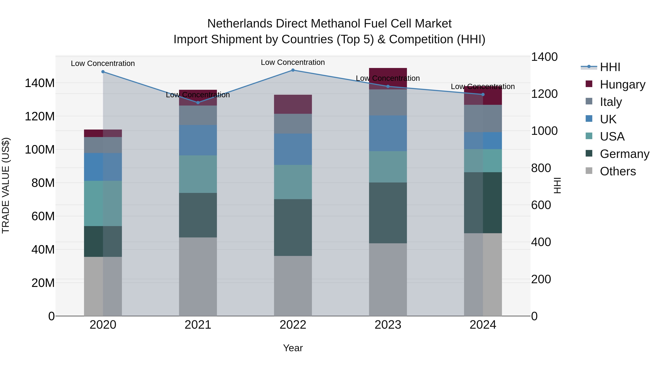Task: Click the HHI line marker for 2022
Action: (293, 70)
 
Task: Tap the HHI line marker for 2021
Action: (198, 103)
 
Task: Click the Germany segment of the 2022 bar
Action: (293, 227)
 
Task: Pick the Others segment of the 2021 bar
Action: (198, 276)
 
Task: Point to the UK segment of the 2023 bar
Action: (388, 133)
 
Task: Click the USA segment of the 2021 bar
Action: (198, 174)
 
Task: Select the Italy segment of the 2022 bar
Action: (293, 124)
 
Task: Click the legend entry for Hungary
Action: (622, 84)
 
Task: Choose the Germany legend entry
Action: (624, 154)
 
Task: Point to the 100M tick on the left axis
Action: (40, 149)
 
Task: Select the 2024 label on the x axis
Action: (483, 325)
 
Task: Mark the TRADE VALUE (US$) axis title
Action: (6, 185)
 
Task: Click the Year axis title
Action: (293, 348)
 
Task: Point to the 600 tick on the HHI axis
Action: (541, 205)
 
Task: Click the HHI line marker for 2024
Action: (483, 95)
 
